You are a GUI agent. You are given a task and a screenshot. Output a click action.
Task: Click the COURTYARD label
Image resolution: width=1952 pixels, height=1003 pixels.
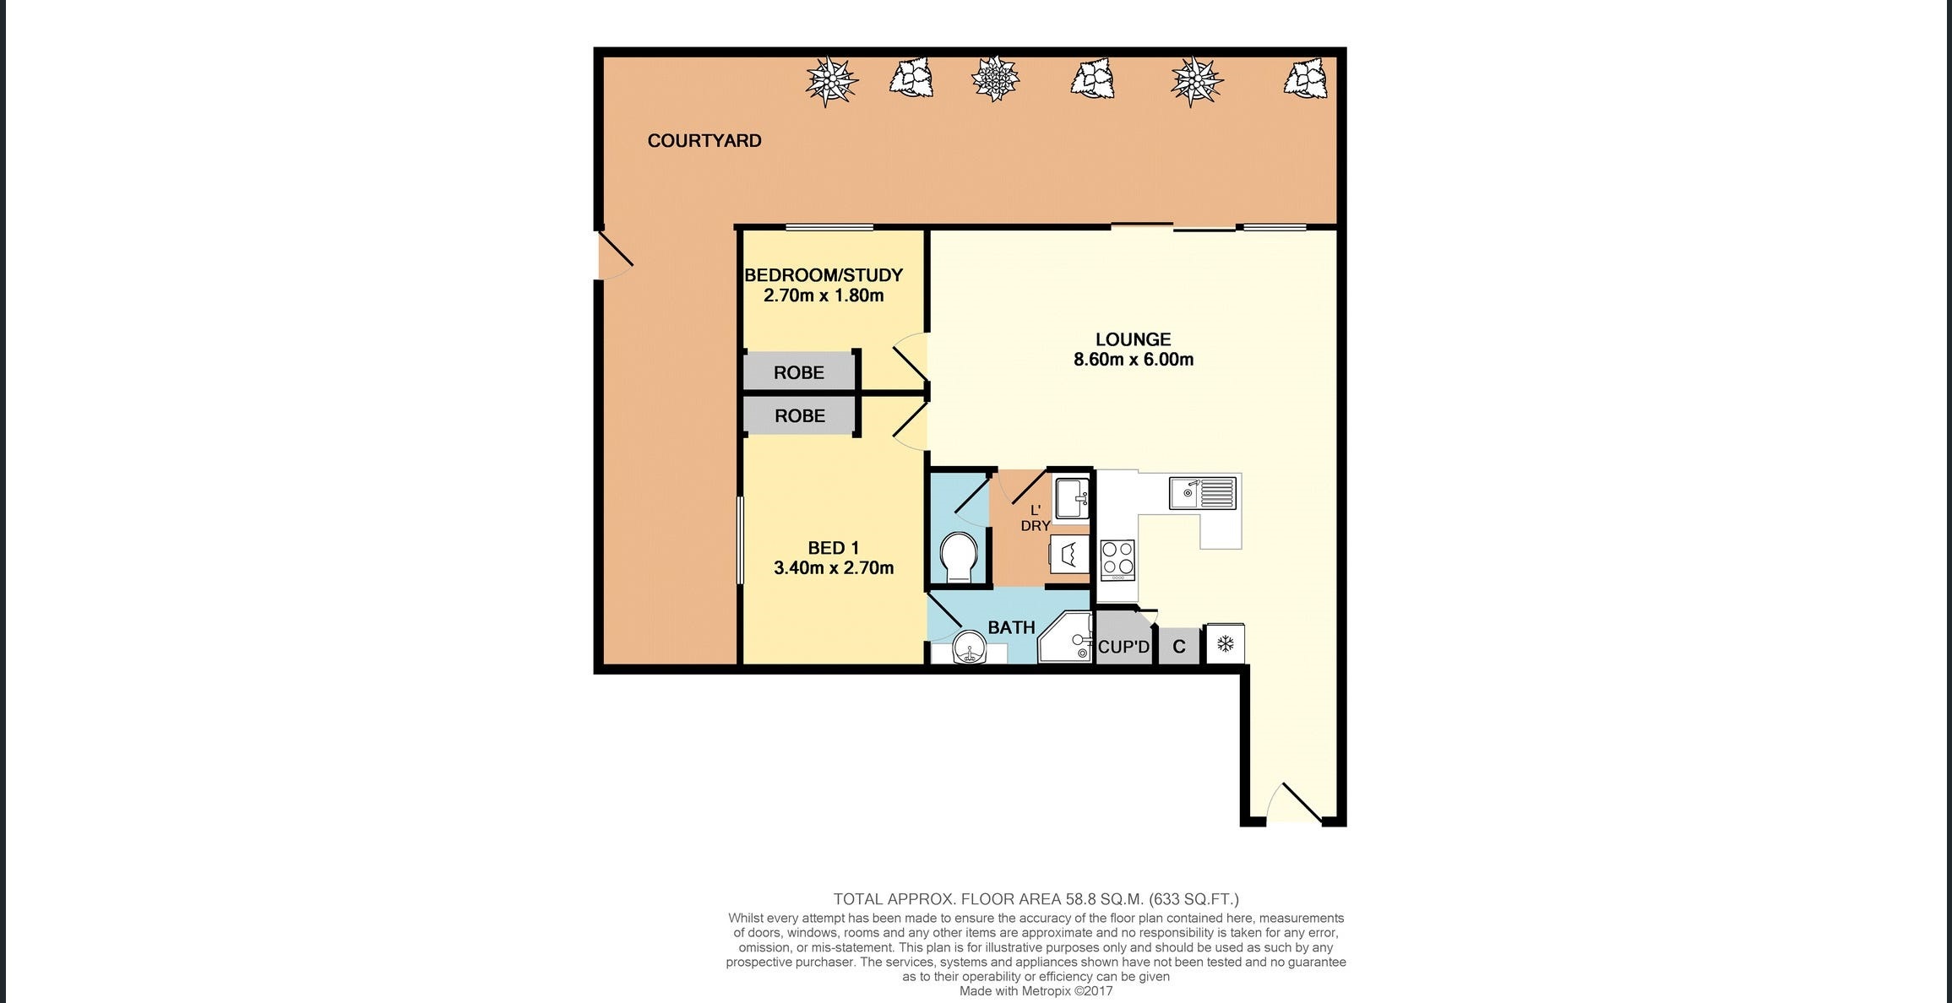tap(704, 141)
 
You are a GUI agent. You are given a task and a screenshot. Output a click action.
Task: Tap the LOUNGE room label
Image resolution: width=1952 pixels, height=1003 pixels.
tap(1133, 339)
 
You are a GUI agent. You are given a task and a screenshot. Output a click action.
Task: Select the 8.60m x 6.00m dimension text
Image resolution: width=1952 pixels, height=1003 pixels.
tap(1133, 360)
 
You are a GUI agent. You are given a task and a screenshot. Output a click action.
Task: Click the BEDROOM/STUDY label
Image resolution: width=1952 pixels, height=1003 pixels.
tap(823, 275)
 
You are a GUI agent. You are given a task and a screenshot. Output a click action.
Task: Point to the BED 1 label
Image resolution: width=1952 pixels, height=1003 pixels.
tap(833, 548)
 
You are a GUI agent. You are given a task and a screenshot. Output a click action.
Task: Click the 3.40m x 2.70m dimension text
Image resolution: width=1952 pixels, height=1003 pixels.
tap(833, 568)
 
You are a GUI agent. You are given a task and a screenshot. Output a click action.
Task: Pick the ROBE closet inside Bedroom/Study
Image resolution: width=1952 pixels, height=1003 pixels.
tap(798, 372)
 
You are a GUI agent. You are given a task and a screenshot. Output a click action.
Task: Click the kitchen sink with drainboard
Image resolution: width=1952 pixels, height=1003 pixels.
tap(1202, 493)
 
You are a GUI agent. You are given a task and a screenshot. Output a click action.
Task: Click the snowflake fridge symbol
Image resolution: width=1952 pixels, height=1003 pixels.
tap(1225, 645)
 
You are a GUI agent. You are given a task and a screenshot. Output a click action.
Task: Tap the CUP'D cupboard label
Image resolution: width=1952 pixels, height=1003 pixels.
tap(1123, 648)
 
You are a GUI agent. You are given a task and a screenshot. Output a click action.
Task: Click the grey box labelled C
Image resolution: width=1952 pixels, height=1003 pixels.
tap(1179, 648)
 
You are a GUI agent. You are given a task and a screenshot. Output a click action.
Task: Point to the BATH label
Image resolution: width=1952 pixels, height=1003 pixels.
tap(1011, 627)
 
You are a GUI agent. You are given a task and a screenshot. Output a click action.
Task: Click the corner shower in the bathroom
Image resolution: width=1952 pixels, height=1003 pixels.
tap(1066, 639)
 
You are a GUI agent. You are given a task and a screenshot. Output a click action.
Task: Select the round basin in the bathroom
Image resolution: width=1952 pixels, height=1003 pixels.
tap(969, 652)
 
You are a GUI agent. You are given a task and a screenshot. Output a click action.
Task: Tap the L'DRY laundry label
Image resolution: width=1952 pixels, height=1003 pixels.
tap(1036, 518)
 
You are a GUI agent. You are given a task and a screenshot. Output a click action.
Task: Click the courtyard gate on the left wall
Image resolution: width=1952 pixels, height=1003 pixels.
tap(613, 254)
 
